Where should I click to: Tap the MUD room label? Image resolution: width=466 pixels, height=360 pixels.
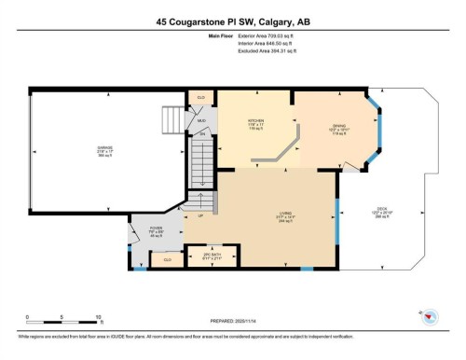click(200, 119)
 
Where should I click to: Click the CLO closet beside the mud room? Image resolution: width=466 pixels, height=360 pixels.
click(199, 97)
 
